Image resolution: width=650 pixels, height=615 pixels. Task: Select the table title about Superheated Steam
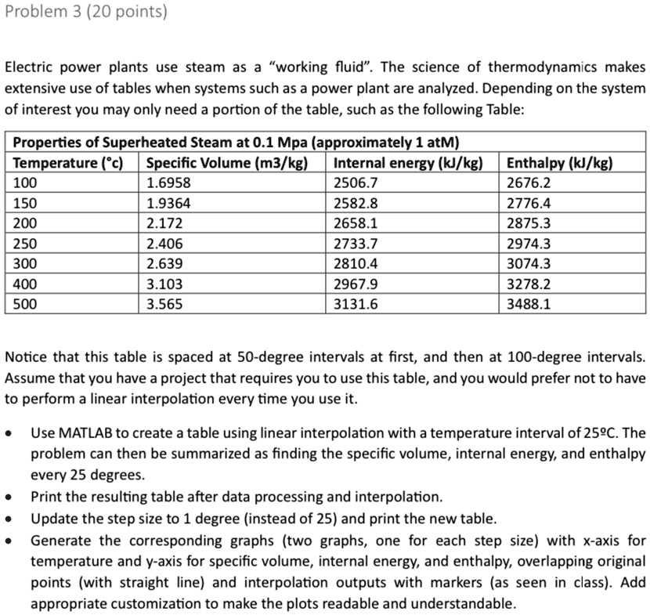236,143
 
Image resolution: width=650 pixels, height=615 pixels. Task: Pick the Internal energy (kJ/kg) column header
406,163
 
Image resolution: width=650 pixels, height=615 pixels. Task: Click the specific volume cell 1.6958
168,183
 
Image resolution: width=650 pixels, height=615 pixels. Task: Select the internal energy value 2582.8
356,203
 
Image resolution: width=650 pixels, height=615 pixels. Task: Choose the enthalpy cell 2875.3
529,222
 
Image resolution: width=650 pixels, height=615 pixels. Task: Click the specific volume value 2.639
164,263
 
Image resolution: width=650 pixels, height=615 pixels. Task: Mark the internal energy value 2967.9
356,283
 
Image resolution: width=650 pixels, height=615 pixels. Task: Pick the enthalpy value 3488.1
529,303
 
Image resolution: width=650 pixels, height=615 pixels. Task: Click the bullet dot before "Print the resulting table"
11,497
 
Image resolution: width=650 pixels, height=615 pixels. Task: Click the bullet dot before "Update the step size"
11,519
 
